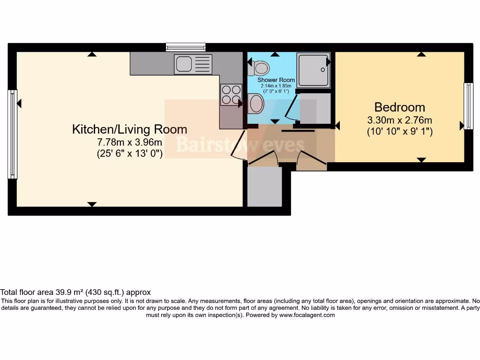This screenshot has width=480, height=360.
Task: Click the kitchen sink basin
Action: [183, 64]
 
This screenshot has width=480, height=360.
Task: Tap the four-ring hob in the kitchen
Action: [231, 94]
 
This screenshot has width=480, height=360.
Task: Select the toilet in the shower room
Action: [259, 68]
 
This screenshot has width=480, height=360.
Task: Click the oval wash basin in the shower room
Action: [256, 103]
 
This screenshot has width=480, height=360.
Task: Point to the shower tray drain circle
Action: [323, 70]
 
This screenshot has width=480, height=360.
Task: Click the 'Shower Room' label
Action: [276, 80]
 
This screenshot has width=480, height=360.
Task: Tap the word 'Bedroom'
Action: [399, 107]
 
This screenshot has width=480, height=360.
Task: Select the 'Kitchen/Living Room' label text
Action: [129, 129]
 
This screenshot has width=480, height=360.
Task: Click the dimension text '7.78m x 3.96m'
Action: [129, 142]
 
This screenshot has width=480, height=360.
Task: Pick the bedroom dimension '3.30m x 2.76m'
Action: [399, 120]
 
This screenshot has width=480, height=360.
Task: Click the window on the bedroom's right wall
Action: [468, 106]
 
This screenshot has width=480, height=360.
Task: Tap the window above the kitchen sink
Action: [186, 47]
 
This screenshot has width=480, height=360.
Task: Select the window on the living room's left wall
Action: [12, 134]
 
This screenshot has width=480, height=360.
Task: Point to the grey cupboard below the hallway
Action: [264, 186]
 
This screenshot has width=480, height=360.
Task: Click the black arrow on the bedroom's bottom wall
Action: [421, 160]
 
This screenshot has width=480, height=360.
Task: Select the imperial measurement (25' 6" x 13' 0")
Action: [129, 154]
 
